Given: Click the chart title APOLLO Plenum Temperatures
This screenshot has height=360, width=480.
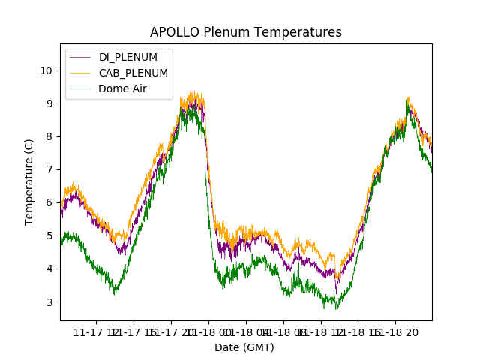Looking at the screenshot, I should (245, 32).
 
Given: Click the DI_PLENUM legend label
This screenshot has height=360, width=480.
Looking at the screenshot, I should (128, 57).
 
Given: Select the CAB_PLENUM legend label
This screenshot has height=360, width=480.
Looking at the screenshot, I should (133, 73).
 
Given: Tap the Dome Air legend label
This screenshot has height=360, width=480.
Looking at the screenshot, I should (123, 88).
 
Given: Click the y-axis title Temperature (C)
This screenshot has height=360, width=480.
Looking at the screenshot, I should (29, 181).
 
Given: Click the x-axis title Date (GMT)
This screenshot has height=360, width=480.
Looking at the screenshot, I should (244, 347).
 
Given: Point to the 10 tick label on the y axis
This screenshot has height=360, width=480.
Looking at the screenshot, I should (46, 70).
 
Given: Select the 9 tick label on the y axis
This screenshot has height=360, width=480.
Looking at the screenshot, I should (49, 103).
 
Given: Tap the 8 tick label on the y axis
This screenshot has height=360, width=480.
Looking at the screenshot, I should (49, 136).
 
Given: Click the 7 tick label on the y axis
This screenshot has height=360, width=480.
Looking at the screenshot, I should (49, 169).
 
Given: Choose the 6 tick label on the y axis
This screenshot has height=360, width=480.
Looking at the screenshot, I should (49, 202).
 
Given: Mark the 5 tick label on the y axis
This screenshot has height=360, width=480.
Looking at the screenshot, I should (49, 235).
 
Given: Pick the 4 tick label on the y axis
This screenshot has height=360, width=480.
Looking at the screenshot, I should (49, 268).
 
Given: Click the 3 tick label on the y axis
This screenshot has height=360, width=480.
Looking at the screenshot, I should (49, 301).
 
